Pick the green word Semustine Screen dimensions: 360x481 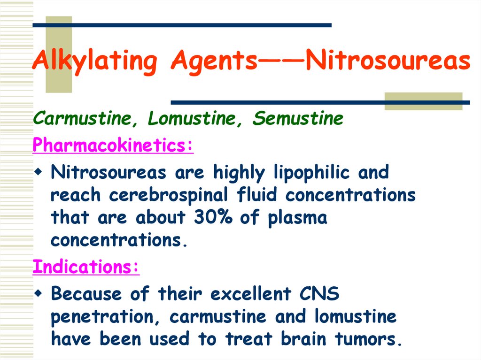point(298,119)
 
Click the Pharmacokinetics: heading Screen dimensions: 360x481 point(113,146)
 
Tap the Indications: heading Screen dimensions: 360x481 point(86,267)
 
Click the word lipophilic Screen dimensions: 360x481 point(311,173)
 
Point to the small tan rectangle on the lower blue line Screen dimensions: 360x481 point(423,101)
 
